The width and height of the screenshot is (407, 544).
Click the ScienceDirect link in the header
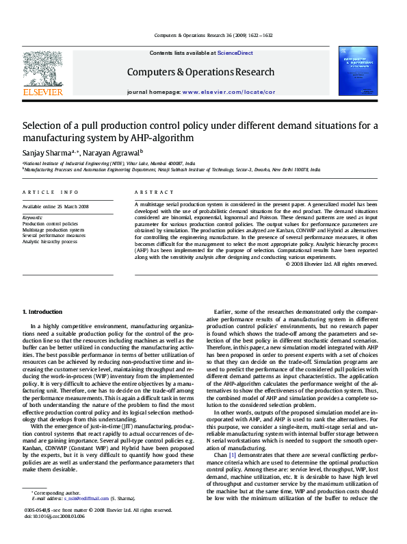pos(235,53)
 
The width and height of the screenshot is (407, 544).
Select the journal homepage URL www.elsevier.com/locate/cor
pos(228,91)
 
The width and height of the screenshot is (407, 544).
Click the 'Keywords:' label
pos(32,217)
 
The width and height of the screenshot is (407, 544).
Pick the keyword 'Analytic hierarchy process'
pos(49,241)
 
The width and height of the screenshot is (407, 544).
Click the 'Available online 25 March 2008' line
pos(55,206)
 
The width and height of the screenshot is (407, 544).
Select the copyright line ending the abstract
pos(330,263)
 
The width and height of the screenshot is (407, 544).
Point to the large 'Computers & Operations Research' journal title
pos(200,72)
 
